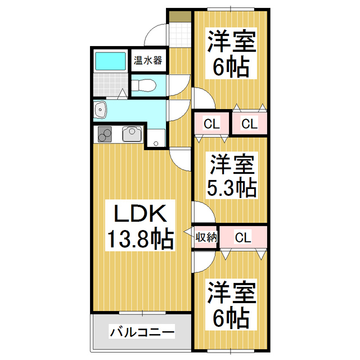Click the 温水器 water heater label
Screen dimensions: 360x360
147,60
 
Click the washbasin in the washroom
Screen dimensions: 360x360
101,109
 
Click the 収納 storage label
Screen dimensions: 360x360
206,237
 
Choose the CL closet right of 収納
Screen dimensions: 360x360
243,237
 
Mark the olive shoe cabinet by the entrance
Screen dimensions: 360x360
179,16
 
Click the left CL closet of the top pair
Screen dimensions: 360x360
211,124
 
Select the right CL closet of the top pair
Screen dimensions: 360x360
250,124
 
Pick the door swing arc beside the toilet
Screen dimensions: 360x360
179,84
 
